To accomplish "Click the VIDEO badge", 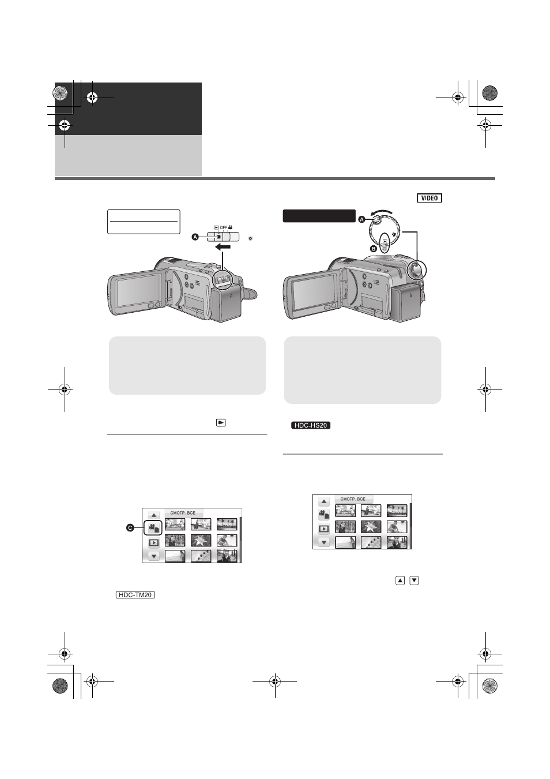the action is coord(430,198).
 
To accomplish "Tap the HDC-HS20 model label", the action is coord(311,425).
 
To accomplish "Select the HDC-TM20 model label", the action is coord(135,595).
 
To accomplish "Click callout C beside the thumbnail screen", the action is coord(130,528).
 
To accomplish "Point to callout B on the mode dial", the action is coord(373,249).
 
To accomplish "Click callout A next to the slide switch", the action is coord(195,237).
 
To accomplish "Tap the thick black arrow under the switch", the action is coord(223,247).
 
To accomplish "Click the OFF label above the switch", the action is coord(224,228).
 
